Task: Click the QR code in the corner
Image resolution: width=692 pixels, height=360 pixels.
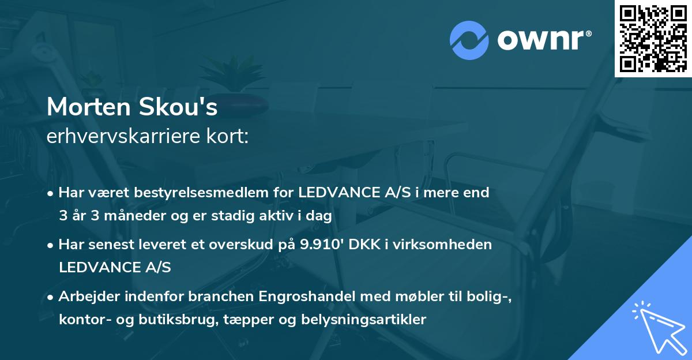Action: [653, 39]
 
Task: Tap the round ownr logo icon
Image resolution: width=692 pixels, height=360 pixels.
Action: [469, 40]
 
